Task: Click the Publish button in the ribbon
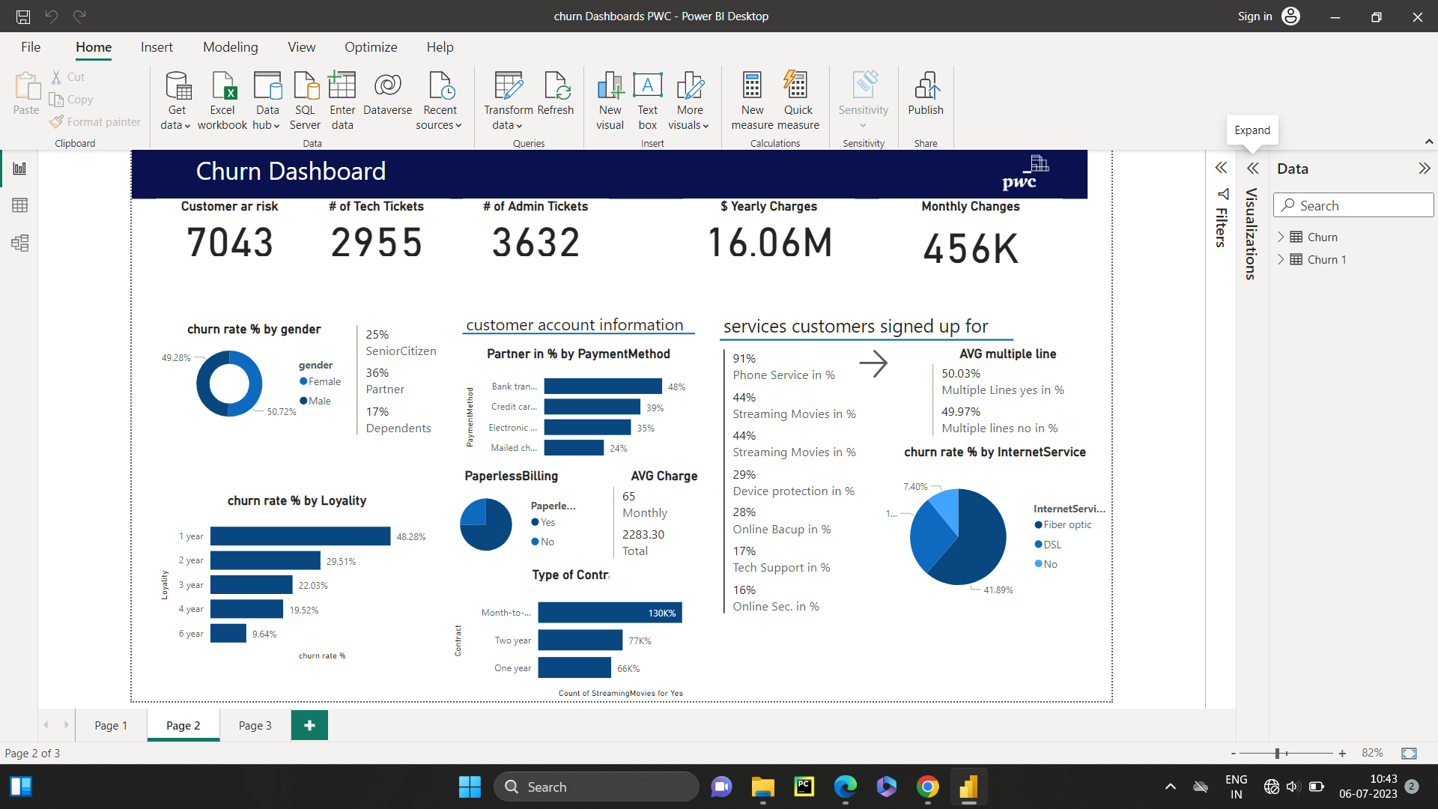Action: [925, 94]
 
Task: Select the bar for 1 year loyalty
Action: [300, 536]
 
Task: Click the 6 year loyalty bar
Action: [228, 634]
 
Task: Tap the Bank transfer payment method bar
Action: [602, 387]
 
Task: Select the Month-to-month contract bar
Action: [609, 613]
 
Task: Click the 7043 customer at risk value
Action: [230, 243]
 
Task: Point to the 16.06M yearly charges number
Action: [769, 243]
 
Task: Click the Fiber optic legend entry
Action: [1067, 525]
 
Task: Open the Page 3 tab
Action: [255, 725]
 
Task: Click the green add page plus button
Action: [309, 725]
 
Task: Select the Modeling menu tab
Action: [230, 47]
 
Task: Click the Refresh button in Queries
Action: [556, 94]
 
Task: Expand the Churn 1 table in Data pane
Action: [1281, 259]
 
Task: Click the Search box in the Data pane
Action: [1356, 205]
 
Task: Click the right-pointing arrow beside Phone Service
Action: [873, 364]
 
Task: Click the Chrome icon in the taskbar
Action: [927, 787]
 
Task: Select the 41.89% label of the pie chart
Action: [998, 590]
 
